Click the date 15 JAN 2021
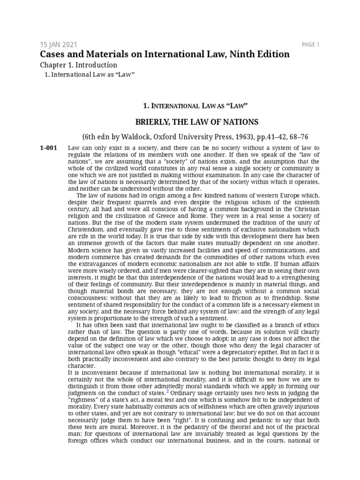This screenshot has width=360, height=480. tap(58, 45)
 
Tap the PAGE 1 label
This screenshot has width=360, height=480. tap(310, 45)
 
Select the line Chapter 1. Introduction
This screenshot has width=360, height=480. tap(78, 65)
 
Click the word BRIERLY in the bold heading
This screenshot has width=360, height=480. tap(150, 122)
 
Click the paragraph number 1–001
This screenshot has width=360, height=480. tap(49, 148)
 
